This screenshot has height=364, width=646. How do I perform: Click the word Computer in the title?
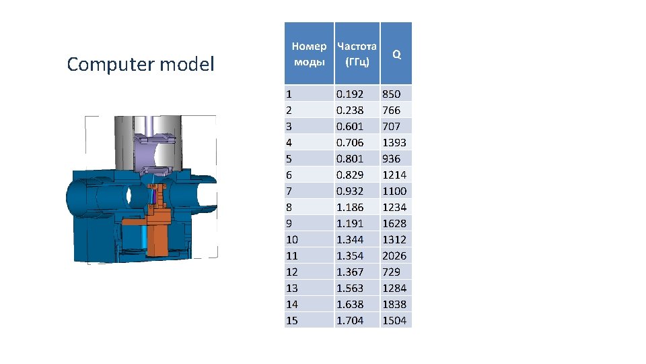[x=110, y=65]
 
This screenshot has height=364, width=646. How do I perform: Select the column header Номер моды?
[x=309, y=54]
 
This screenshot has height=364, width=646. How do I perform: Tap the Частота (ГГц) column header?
[x=357, y=54]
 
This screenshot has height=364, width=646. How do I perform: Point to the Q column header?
[x=396, y=54]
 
